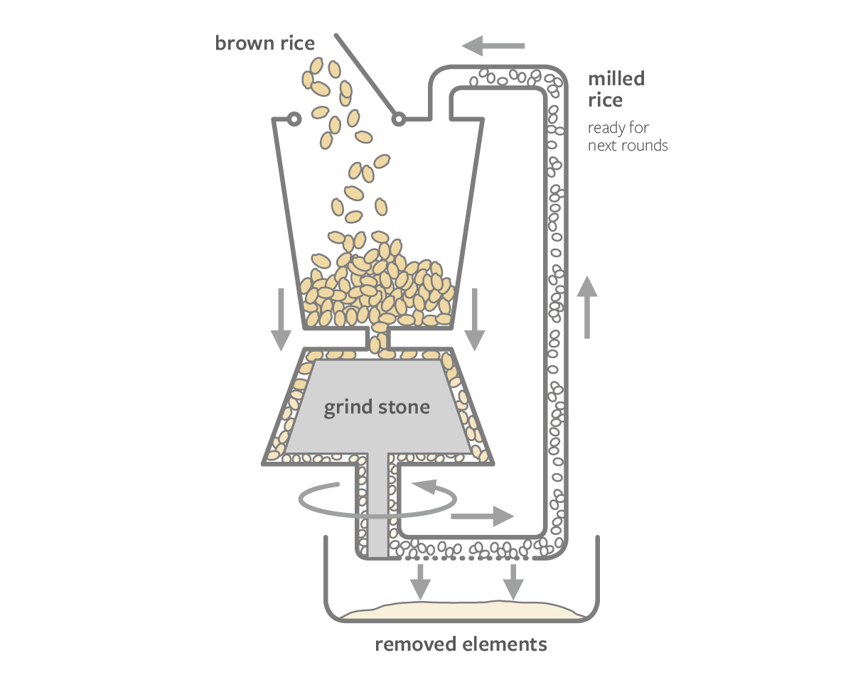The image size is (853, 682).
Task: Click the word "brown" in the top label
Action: [x=241, y=43]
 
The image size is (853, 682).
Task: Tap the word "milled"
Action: [x=616, y=79]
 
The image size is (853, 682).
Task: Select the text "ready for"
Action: [x=618, y=129]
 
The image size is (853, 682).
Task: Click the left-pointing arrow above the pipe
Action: [x=493, y=46]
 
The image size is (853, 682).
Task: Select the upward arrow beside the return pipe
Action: [x=587, y=305]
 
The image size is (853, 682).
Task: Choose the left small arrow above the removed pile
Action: [x=420, y=581]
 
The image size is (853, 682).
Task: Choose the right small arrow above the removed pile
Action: [x=513, y=581]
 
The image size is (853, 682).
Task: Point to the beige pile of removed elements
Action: [x=462, y=610]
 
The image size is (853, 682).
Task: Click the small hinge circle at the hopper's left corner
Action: [x=292, y=119]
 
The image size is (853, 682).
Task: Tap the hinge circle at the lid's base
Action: [x=399, y=119]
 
